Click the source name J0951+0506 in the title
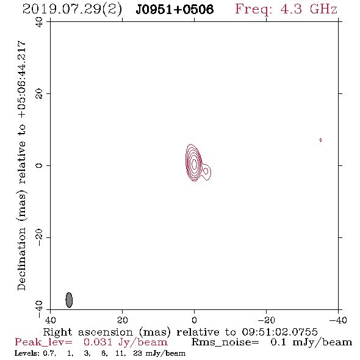tap(175, 9)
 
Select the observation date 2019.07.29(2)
tap(72, 10)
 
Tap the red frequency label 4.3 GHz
tap(309, 9)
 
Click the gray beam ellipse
tap(69, 300)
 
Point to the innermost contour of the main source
tap(194, 164)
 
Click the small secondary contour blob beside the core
tap(206, 171)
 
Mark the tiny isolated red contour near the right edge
tap(320, 140)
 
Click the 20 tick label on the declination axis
tap(39, 94)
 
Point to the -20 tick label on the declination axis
tap(39, 237)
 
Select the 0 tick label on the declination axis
tap(39, 165)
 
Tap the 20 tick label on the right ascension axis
tap(123, 320)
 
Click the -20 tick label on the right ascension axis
tap(266, 320)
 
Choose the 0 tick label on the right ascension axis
tap(194, 320)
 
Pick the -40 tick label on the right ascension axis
tap(338, 320)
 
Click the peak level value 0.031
tap(98, 342)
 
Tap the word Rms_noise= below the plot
tap(225, 342)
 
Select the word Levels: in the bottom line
tap(27, 353)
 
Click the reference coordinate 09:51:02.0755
tap(280, 332)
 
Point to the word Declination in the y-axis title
tap(21, 259)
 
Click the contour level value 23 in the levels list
tap(137, 353)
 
